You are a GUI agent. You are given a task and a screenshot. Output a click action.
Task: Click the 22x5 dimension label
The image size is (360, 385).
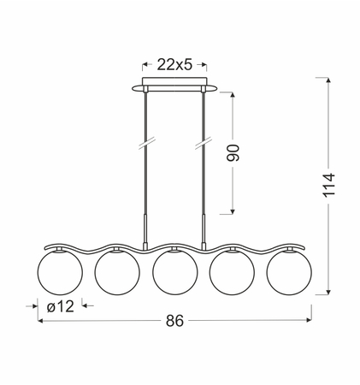coord(174,65)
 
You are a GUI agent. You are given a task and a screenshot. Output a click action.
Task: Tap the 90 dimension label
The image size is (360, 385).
coord(233,153)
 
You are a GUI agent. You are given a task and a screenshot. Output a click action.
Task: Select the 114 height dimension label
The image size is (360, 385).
coord(328,185)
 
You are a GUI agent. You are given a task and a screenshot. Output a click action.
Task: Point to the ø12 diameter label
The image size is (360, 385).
coord(61,306)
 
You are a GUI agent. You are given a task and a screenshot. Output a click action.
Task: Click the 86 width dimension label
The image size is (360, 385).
coord(174,321)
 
